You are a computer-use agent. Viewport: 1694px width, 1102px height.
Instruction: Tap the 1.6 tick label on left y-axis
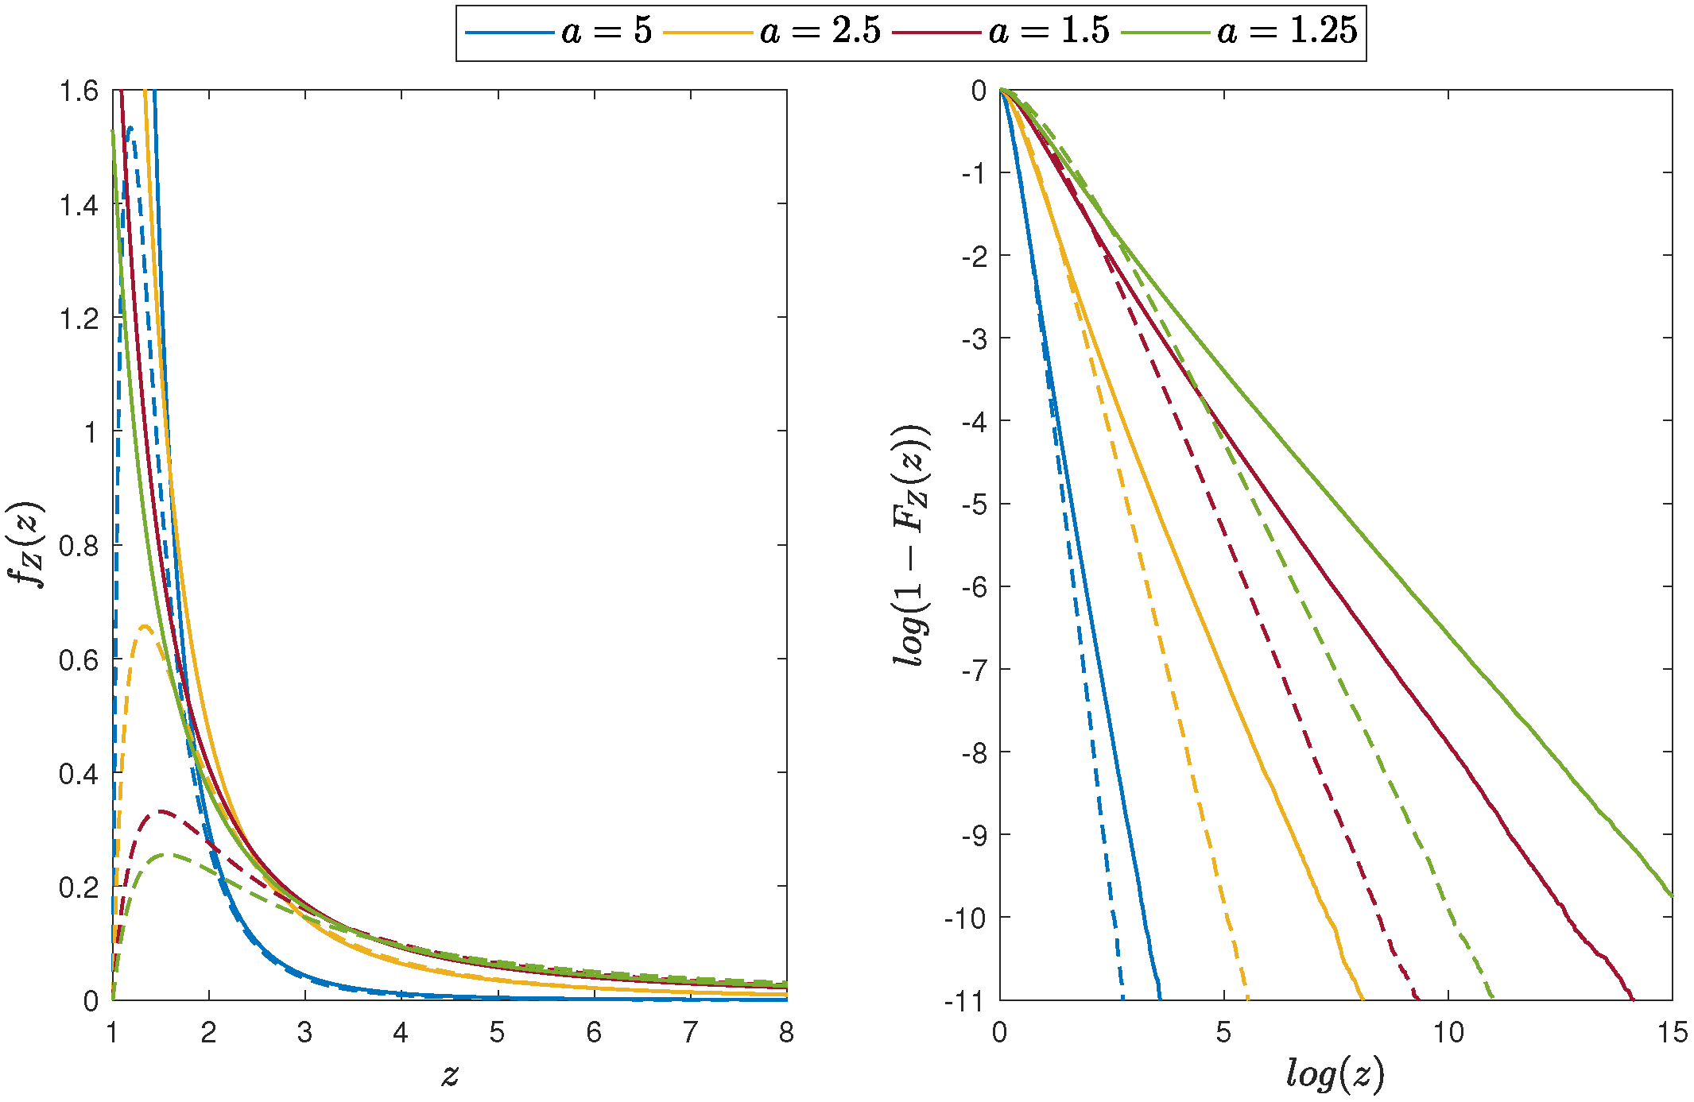[79, 91]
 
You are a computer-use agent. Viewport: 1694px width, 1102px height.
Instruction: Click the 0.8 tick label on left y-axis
[79, 546]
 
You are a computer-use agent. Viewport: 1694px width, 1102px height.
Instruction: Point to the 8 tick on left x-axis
[786, 1033]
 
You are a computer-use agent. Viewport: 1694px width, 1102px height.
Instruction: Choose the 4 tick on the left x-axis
[401, 1033]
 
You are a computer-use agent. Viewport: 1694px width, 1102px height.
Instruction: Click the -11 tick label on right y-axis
[965, 1001]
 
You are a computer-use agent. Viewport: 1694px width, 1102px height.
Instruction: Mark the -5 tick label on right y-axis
[973, 505]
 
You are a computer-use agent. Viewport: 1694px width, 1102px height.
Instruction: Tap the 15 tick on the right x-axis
[1672, 1033]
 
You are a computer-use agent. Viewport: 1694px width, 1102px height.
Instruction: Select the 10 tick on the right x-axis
[1448, 1033]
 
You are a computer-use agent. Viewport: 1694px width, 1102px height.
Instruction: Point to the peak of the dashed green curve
[163, 855]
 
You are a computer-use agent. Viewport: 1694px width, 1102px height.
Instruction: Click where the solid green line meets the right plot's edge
[1672, 896]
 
